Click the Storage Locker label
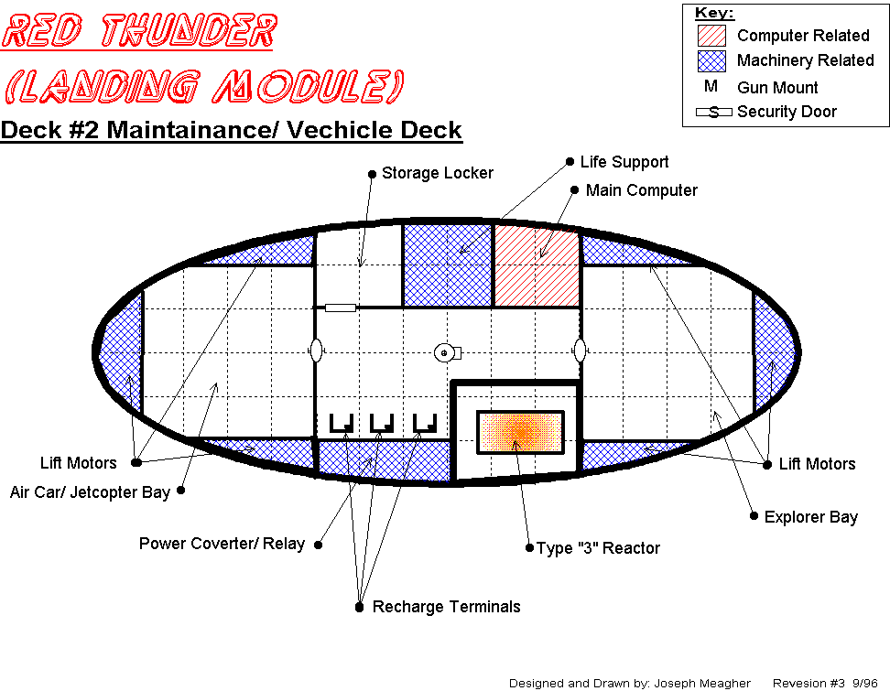(x=437, y=173)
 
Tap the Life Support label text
(x=624, y=162)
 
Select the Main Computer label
(x=641, y=190)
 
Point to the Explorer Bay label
(x=810, y=517)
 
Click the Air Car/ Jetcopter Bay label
(x=90, y=492)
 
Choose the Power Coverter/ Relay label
(x=222, y=544)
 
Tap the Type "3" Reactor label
(x=598, y=548)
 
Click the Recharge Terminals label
(x=446, y=607)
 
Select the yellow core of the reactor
(x=521, y=431)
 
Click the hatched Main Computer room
(x=537, y=265)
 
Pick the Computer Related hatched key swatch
(x=711, y=36)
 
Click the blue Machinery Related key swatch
(x=711, y=61)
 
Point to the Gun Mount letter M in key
(x=711, y=87)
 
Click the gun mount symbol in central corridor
(x=447, y=352)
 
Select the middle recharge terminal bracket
(x=382, y=424)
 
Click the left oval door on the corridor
(x=315, y=351)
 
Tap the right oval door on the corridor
(x=580, y=351)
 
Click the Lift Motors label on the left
(x=78, y=463)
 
